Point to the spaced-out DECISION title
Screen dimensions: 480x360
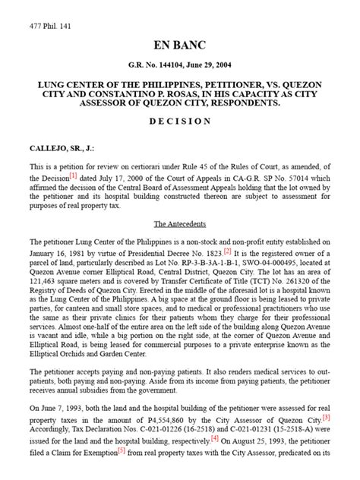(180, 121)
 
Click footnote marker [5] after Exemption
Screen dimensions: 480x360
(123, 450)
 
